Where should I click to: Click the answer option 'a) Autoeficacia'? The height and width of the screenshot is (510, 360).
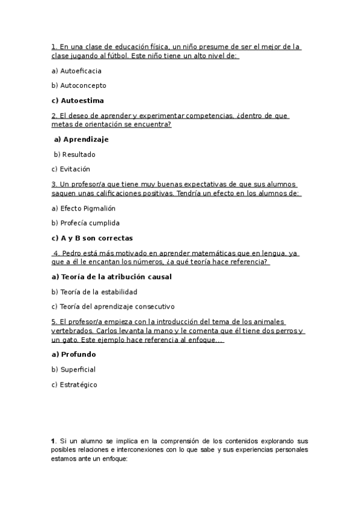[76, 71]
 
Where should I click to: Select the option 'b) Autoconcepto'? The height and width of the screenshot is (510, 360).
[79, 85]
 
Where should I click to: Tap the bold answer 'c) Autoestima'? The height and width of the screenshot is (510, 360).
[78, 100]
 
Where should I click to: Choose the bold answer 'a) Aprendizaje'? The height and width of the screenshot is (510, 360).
[81, 139]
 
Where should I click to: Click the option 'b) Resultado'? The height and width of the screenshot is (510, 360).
[75, 154]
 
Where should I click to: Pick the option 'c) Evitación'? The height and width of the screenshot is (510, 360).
[70, 169]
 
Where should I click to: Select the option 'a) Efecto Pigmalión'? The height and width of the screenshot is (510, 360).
[83, 208]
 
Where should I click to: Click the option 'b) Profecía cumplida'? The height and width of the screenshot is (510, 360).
[85, 223]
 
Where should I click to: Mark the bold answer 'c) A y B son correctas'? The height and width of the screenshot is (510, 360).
[92, 238]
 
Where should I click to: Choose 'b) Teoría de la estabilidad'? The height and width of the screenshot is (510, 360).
[94, 292]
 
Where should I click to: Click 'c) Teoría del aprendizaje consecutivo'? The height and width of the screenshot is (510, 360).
[113, 307]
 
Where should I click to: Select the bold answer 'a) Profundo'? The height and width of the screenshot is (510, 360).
[73, 354]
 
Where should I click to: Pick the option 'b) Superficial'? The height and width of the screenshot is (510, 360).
[73, 369]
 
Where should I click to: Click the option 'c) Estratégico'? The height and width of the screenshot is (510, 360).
[74, 384]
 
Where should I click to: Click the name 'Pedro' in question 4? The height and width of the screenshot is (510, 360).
[73, 254]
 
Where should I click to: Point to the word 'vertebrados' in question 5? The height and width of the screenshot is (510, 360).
[73, 331]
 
